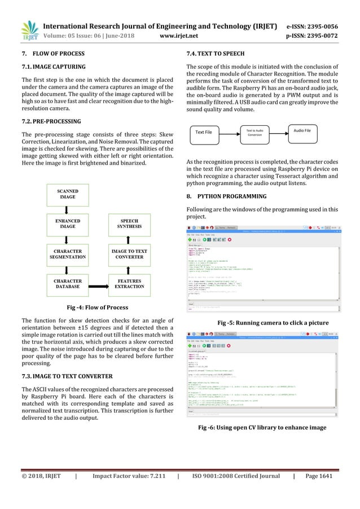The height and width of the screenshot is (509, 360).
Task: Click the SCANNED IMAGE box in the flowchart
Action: pyautogui.click(x=68, y=196)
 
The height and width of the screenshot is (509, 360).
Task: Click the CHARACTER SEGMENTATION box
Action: pyautogui.click(x=68, y=254)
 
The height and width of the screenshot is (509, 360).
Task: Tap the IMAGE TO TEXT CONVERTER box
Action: pyautogui.click(x=130, y=254)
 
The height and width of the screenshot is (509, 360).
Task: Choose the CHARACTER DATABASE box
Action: pyautogui.click(x=68, y=284)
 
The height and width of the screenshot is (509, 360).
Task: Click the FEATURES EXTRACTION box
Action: pyautogui.click(x=130, y=284)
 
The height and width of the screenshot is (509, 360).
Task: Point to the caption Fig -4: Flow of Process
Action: pyautogui.click(x=98, y=308)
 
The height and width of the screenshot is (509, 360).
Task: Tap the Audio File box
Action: pyautogui.click(x=304, y=131)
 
